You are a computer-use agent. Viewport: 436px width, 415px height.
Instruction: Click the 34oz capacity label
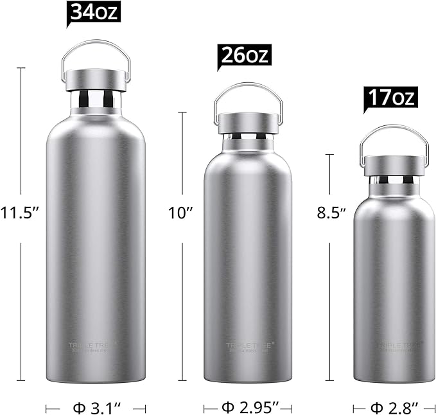[x=94, y=12]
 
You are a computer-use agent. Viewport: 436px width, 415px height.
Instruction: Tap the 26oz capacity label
[x=244, y=55]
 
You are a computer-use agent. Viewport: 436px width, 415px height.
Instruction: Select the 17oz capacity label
[x=390, y=98]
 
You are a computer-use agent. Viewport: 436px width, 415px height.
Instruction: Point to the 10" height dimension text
[x=182, y=213]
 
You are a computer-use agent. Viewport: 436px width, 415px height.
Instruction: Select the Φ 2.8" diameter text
[x=394, y=407]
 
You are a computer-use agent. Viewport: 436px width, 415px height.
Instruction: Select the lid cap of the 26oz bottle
[x=248, y=123]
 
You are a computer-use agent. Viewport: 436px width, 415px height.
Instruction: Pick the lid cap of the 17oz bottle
[x=394, y=165]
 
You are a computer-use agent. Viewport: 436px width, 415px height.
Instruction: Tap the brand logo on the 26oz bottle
[x=248, y=347]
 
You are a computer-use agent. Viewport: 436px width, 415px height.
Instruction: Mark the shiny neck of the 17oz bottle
[x=394, y=182]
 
